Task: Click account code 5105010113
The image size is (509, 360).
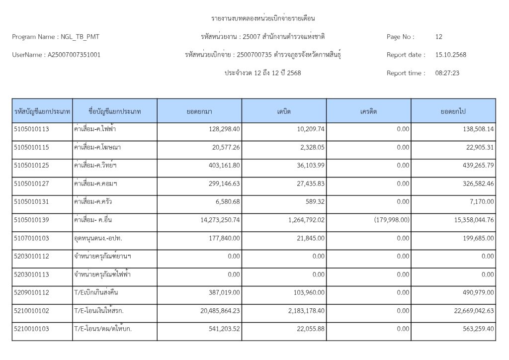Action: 31,129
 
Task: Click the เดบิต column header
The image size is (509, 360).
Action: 284,111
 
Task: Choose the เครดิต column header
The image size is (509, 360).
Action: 368,111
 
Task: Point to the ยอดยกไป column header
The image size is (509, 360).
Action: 453,111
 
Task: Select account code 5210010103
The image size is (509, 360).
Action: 31,329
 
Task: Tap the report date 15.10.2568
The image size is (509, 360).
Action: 450,55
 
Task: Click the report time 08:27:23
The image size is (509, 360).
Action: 447,73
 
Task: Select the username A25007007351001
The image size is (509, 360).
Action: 74,55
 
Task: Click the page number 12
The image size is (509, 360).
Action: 438,37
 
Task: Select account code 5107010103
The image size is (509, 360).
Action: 31,238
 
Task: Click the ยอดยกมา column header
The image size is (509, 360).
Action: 199,111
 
